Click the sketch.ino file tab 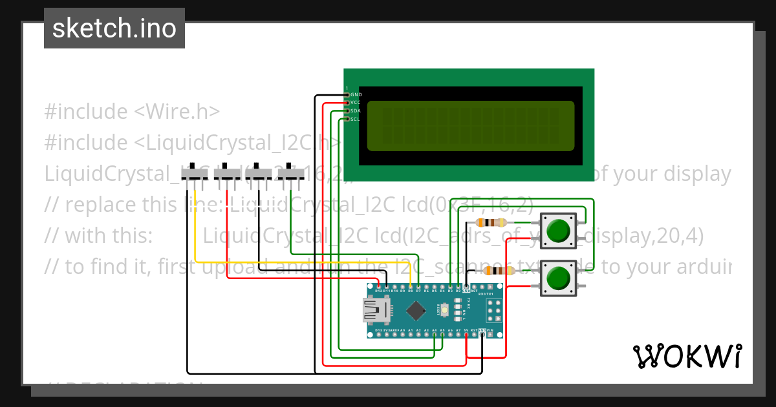point(114,28)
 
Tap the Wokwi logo point(687,356)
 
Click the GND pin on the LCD point(347,95)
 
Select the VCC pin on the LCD point(347,103)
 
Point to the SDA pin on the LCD point(347,111)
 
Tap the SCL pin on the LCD point(347,119)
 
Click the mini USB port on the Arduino point(374,313)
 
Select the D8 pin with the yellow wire point(411,287)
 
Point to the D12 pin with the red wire point(378,287)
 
